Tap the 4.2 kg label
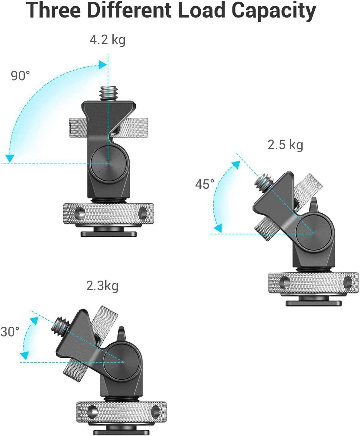pos(107,40)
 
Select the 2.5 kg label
pos(285,145)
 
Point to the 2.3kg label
pos(102,286)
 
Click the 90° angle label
pos(21,76)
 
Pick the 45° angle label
pos(205,184)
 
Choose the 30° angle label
pos(10,332)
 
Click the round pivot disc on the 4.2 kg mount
pos(108,164)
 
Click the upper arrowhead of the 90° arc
pos(102,64)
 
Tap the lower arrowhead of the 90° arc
pos(11,158)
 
